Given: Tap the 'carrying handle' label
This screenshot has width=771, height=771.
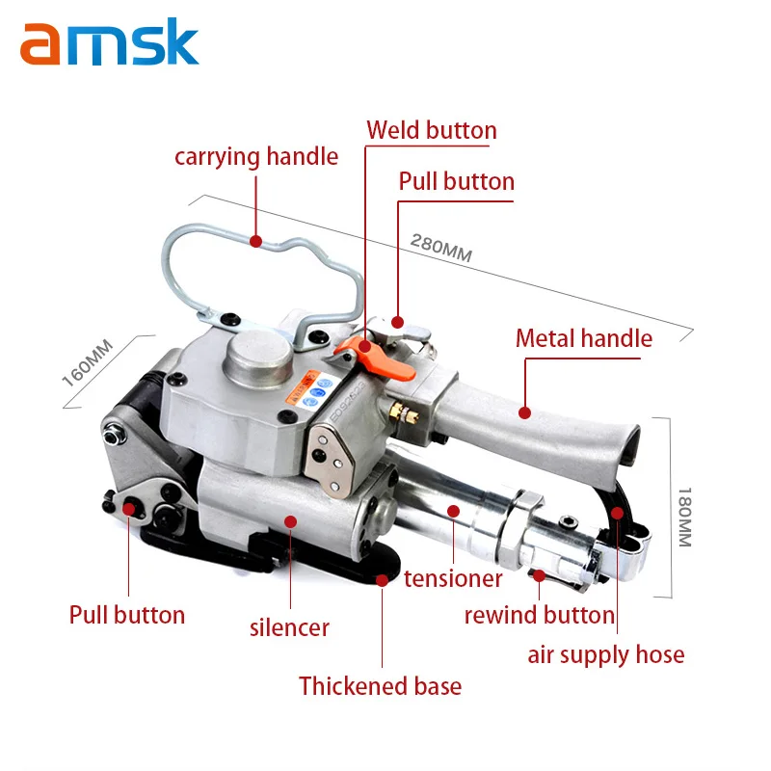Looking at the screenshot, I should click(255, 156).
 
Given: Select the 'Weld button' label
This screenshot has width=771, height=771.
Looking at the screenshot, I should click(431, 130).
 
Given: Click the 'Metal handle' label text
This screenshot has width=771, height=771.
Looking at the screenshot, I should click(583, 338).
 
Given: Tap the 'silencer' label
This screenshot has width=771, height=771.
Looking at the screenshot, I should click(289, 627).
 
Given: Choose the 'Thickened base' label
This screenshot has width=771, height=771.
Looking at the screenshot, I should click(380, 686).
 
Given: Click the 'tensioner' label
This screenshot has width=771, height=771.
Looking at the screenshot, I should click(453, 578).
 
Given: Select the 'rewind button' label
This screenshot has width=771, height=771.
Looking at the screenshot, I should click(539, 615).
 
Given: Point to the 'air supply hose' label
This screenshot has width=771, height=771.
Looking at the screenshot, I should click(605, 655).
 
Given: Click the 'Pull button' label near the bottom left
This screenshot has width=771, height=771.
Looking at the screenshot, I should click(126, 614).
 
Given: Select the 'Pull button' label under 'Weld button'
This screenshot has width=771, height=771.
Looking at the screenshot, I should click(456, 181).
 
